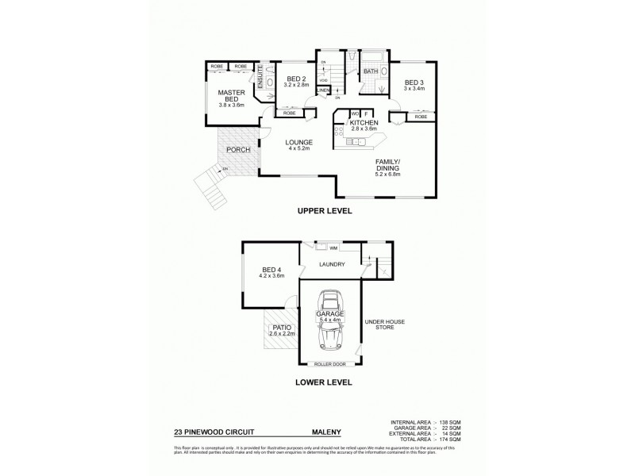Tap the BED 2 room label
pos(297,79)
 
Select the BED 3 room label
pos(414,83)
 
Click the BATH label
pos(370,72)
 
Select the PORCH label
pos(238,150)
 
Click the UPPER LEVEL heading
pos(324,211)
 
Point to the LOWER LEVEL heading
pos(324,382)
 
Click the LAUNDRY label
pos(331,264)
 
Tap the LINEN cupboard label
pos(323,90)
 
